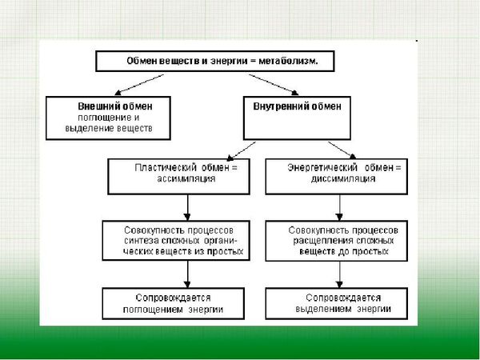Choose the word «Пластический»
163,168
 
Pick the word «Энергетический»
321,168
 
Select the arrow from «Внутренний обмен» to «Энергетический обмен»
340,149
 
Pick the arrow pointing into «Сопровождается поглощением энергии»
186,274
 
